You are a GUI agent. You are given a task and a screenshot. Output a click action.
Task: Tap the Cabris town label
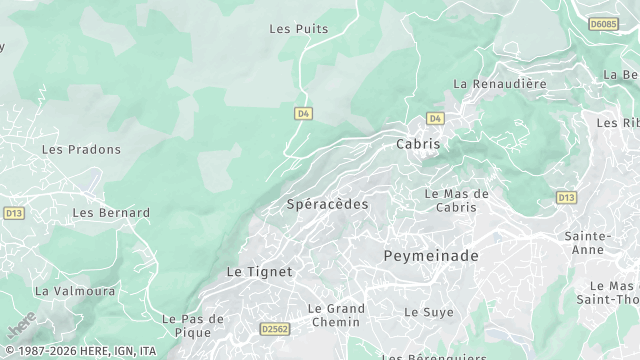pyautogui.click(x=418, y=144)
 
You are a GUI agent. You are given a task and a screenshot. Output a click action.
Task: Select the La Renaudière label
pyautogui.click(x=500, y=84)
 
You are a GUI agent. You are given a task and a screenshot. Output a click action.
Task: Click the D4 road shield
pyautogui.click(x=304, y=114)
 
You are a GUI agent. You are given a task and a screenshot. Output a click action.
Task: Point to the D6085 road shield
pyautogui.click(x=603, y=23)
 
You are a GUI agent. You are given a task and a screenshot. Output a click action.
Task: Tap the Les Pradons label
pyautogui.click(x=81, y=150)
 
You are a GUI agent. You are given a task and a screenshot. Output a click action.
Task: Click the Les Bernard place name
pyautogui.click(x=111, y=213)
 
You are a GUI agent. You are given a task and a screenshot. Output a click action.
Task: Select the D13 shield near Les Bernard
pyautogui.click(x=14, y=213)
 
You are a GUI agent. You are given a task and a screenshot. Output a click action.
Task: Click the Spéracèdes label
pyautogui.click(x=327, y=204)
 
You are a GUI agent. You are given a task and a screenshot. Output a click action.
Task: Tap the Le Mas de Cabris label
pyautogui.click(x=456, y=200)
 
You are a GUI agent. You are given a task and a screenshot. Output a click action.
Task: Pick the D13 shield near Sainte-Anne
pyautogui.click(x=566, y=197)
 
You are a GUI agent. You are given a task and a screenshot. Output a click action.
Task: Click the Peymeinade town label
pyautogui.click(x=431, y=256)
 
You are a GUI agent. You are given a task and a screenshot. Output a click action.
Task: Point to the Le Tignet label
pyautogui.click(x=260, y=271)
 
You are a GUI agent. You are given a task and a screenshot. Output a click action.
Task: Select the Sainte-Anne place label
pyautogui.click(x=589, y=243)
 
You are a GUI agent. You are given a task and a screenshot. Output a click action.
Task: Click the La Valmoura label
pyautogui.click(x=75, y=291)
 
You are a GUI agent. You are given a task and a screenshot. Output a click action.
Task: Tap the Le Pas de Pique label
pyautogui.click(x=193, y=325)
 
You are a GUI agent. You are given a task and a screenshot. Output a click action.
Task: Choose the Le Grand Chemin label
pyautogui.click(x=336, y=315)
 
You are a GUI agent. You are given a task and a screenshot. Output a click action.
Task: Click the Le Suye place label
pyautogui.click(x=423, y=312)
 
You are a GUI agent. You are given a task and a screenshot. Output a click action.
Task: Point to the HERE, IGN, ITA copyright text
pyautogui.click(x=80, y=351)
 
